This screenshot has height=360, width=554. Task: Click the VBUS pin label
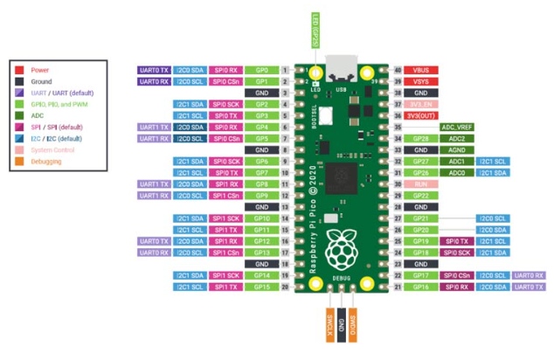[x=421, y=69]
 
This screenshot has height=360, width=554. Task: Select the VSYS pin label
[x=421, y=80]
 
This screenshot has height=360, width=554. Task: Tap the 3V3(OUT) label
[x=421, y=115]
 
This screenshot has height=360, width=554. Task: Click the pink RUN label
[x=421, y=183]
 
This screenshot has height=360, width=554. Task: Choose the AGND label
[x=455, y=149]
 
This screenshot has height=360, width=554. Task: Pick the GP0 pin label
[x=261, y=69]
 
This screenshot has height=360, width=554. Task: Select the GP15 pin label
[x=261, y=287]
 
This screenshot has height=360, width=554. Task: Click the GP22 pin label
[x=421, y=195]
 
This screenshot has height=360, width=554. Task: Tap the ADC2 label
[x=455, y=138]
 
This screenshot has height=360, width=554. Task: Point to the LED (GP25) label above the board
[x=316, y=33]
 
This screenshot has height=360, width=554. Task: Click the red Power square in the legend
[x=21, y=69]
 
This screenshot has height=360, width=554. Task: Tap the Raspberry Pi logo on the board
[x=342, y=250]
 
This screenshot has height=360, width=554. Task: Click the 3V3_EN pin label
[x=421, y=104]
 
